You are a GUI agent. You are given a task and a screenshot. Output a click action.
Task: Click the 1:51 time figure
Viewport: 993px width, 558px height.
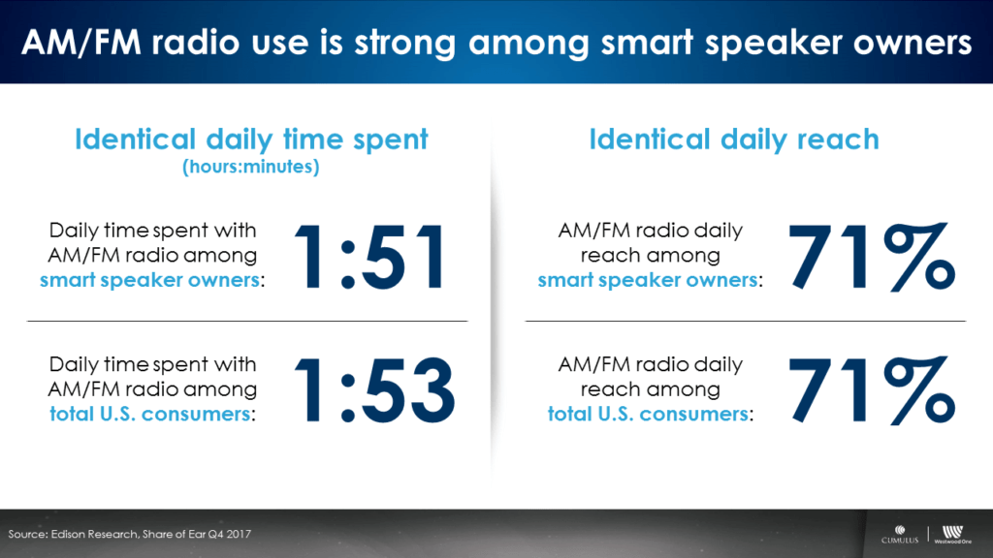369,257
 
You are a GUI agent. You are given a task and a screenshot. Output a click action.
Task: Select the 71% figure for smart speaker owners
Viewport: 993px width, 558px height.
872,257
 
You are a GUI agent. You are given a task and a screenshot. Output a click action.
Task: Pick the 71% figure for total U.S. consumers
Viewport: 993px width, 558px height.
872,390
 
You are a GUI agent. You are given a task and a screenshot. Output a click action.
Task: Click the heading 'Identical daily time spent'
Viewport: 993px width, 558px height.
251,139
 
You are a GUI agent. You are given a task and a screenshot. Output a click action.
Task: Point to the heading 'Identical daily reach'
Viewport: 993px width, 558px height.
735,139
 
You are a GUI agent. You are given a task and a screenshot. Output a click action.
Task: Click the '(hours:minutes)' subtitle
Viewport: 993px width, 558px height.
251,167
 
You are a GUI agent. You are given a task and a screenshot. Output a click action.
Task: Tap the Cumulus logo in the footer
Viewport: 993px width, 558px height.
900,535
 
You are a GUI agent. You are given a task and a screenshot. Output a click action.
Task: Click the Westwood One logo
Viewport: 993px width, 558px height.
952,535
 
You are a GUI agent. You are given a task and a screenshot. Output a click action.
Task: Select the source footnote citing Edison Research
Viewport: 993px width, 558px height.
130,534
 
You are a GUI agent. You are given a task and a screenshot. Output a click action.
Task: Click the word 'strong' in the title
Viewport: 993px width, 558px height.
405,43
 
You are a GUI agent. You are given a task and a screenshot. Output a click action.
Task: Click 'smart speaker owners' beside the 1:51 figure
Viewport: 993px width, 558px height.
149,280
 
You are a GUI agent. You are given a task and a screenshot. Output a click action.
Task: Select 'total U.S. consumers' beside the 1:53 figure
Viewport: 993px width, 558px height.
150,414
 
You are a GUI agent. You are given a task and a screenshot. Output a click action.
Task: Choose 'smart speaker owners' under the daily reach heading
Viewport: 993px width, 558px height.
648,280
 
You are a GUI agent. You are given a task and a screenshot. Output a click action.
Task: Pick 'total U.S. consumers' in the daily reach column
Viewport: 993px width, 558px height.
648,414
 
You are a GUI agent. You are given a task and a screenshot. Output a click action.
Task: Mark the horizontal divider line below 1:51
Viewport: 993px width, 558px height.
247,322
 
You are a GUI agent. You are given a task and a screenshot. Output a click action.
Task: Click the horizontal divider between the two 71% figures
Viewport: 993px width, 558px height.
746,322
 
